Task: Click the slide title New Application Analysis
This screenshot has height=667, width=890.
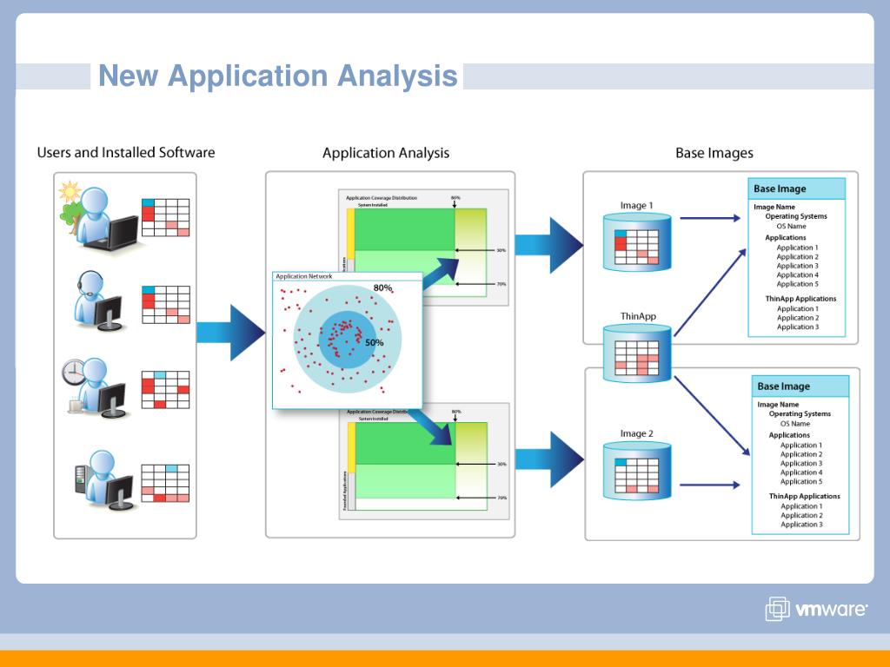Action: point(277,76)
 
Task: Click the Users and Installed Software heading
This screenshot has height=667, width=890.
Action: point(125,153)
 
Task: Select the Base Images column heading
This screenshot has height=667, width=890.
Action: point(714,153)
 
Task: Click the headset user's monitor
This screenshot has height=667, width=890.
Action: point(110,312)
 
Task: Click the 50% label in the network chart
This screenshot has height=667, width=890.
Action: point(374,343)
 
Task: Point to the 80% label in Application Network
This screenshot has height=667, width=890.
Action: point(382,287)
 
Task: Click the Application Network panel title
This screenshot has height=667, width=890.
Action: point(303,276)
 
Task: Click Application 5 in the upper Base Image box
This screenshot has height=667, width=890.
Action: point(797,284)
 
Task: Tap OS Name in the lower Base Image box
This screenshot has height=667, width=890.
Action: point(794,424)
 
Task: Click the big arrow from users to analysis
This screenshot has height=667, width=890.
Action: point(230,332)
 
